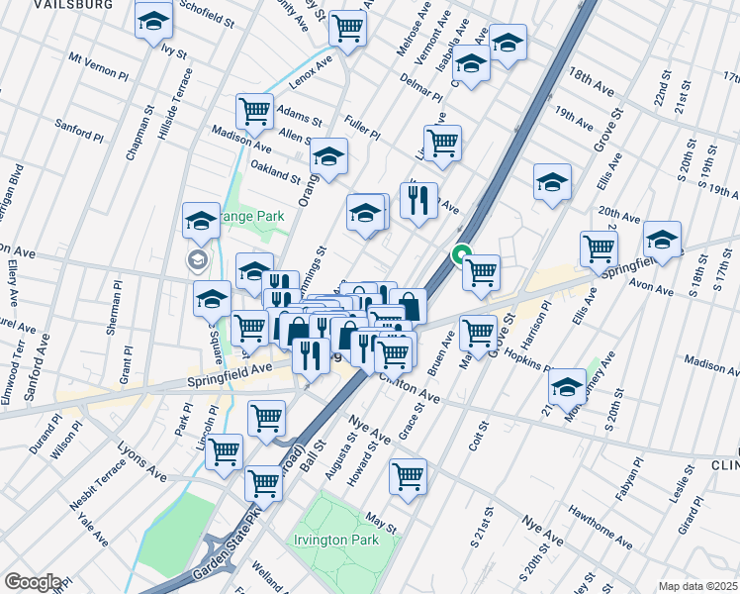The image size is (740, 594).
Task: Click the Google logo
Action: pos(33,582)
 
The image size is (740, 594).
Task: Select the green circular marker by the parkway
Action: pos(461,255)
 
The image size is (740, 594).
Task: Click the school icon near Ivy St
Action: pos(153,22)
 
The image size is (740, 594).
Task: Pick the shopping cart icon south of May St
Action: pos(408,476)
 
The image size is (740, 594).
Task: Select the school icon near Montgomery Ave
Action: pos(567,386)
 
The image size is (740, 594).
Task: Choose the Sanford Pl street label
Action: pos(80,130)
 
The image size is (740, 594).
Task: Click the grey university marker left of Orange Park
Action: pos(196,260)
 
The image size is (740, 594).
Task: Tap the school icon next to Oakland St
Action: pos(329,155)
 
